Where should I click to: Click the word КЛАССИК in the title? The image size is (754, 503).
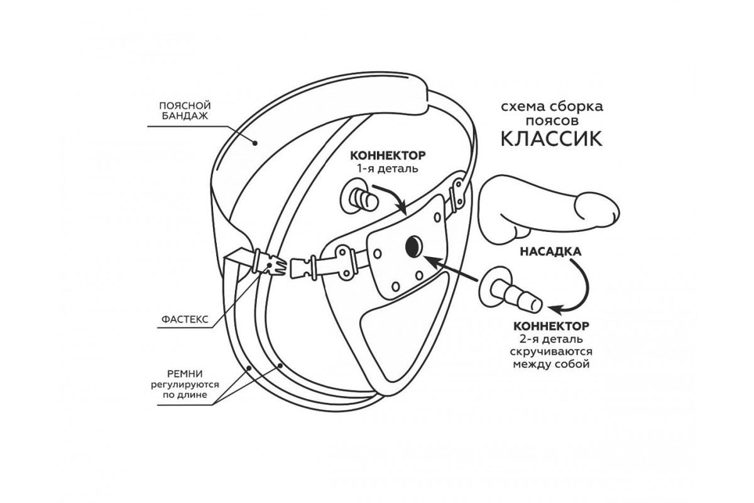click(x=551, y=138)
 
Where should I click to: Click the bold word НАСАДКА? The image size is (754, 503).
click(x=549, y=250)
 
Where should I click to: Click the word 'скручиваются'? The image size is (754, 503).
click(x=551, y=352)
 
